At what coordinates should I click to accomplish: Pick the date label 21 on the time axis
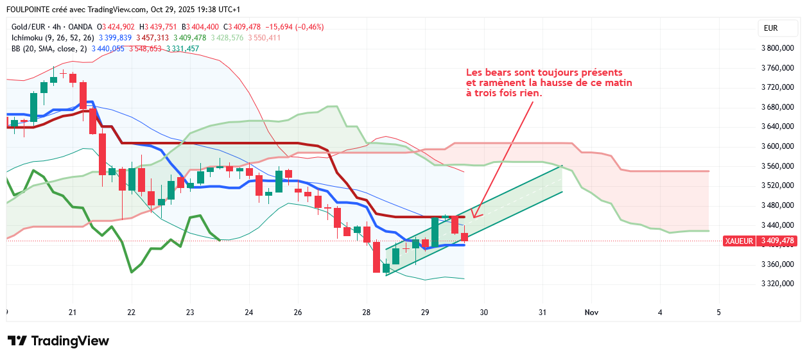(73, 313)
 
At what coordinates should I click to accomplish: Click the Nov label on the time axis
(591, 313)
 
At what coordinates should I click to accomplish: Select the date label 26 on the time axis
(298, 313)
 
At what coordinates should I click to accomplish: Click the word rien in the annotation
(531, 93)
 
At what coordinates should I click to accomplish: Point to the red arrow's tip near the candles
(474, 217)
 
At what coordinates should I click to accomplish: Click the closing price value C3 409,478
(242, 27)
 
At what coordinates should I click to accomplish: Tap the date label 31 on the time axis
(542, 313)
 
